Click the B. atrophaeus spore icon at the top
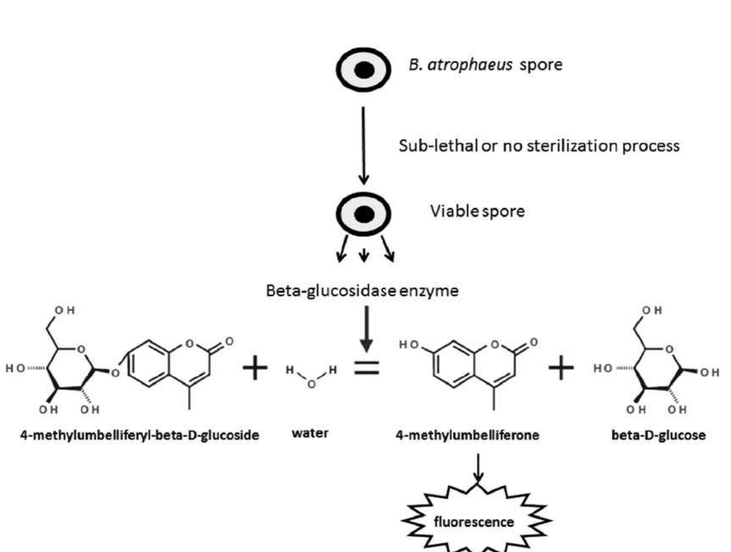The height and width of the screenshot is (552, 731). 363,70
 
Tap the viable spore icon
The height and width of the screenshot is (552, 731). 363,214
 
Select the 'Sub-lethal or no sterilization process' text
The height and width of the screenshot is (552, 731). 538,146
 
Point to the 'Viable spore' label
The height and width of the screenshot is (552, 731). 477,211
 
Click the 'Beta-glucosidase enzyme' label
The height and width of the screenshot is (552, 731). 362,291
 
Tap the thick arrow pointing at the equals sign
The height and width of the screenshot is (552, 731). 366,329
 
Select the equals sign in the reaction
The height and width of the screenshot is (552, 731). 366,368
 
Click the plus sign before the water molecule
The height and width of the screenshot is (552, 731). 255,368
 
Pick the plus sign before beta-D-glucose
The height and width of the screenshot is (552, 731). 561,368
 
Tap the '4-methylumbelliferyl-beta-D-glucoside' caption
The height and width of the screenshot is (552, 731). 140,435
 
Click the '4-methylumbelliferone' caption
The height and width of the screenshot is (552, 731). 467,435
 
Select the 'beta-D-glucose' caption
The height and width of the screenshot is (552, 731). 658,435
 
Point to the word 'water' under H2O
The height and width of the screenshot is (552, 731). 310,433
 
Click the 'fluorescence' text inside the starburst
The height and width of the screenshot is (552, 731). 474,521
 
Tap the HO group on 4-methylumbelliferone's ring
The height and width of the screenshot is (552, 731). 408,345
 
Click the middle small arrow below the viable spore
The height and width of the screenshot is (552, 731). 364,254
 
